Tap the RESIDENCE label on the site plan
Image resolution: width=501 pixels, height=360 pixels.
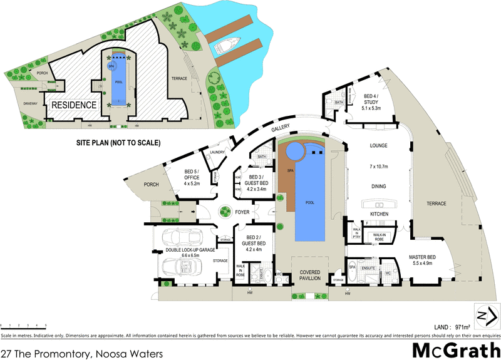click(x=74, y=105)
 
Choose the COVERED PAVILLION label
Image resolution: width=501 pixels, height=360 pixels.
click(x=310, y=276)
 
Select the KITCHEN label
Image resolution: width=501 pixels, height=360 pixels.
click(x=379, y=214)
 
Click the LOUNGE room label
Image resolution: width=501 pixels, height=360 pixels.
click(x=379, y=146)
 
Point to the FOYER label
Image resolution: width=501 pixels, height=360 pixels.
click(x=242, y=212)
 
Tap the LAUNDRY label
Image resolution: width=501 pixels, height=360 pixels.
click(x=218, y=152)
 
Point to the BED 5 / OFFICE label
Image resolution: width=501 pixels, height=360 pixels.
click(x=192, y=177)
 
